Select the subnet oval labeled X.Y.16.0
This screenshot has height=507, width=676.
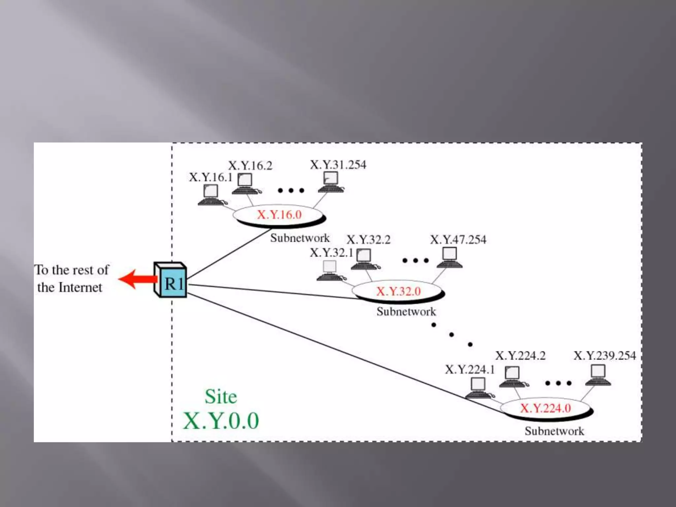279,215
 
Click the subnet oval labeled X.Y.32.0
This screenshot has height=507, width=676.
398,291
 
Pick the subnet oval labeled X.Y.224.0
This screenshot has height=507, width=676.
545,408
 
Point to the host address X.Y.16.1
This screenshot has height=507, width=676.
211,178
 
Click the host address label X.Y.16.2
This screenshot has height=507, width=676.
250,166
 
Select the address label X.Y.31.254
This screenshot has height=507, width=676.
338,165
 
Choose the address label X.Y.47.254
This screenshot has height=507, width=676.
458,240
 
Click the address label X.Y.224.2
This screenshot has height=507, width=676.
520,356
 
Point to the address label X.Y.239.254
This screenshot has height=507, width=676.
604,356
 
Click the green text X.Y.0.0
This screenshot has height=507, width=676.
221,421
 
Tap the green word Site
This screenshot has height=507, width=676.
221,396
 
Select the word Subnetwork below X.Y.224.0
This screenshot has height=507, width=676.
554,431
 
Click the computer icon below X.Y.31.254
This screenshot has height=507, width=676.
331,182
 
